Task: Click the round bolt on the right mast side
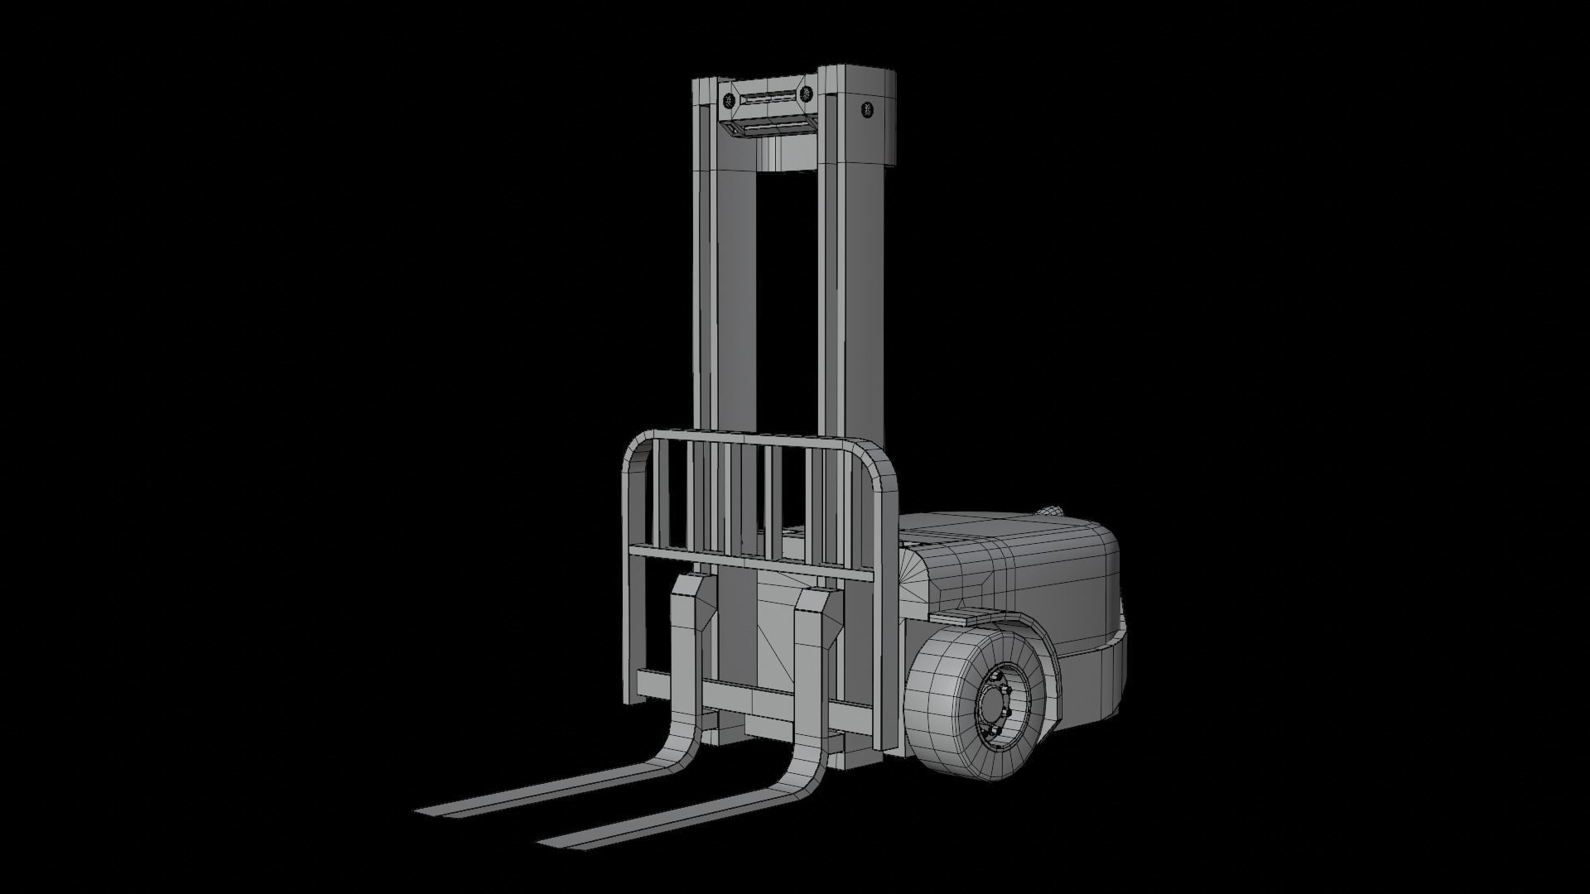[x=867, y=109]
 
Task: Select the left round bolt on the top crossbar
[x=729, y=101]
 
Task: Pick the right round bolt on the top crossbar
[x=806, y=93]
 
